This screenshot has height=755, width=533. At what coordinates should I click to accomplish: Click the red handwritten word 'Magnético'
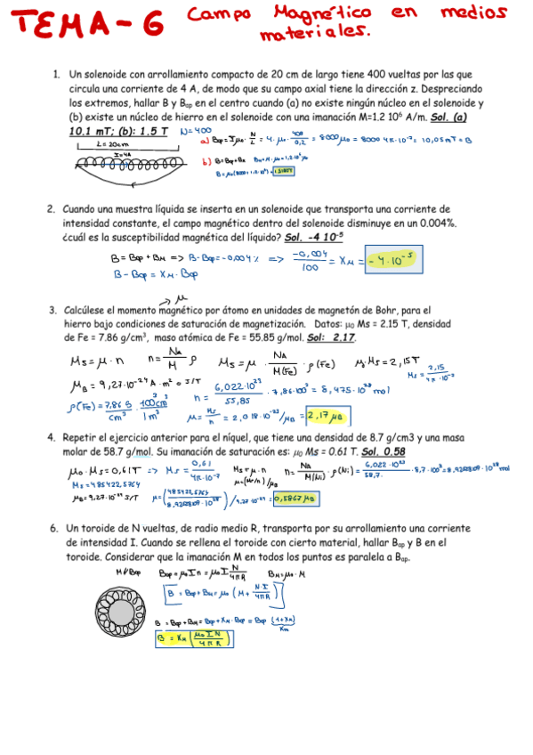coord(316,14)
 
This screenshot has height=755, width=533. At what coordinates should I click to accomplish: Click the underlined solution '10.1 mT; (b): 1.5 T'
coord(117,131)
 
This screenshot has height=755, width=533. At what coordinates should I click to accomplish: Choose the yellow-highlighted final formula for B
coord(195,637)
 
